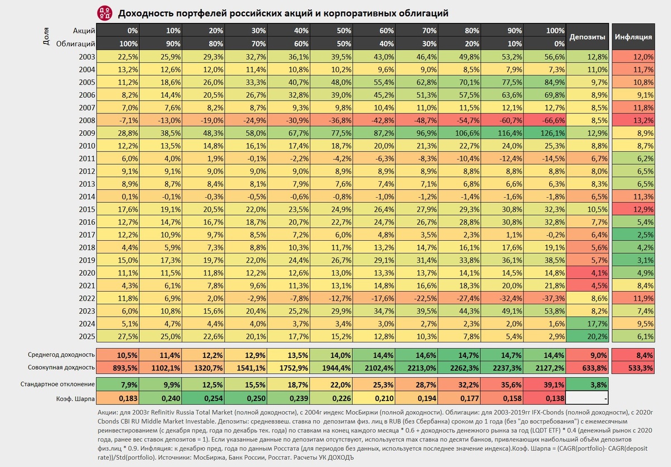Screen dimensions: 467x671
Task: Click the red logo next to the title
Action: click(x=104, y=12)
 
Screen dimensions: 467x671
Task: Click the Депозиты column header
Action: click(x=587, y=37)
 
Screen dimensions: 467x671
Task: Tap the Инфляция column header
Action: click(x=633, y=37)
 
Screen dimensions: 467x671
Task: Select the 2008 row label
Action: click(x=88, y=121)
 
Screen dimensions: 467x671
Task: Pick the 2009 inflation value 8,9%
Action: click(x=633, y=134)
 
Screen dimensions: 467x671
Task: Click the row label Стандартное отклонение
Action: click(x=57, y=384)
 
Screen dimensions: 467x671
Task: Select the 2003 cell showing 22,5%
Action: click(x=118, y=56)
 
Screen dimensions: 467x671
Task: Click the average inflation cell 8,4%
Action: click(x=633, y=355)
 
